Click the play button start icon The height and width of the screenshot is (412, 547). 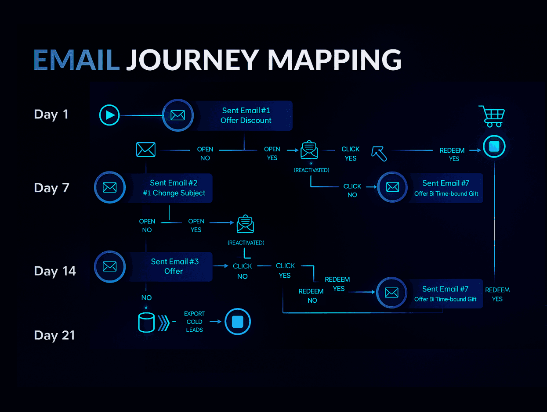(x=109, y=115)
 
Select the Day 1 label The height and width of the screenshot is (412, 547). (x=51, y=115)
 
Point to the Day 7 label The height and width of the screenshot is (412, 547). (x=51, y=188)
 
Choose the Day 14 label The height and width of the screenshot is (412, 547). (x=55, y=271)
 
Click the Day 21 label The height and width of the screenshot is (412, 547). (x=54, y=335)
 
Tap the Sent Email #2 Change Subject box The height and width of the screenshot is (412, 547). (x=174, y=188)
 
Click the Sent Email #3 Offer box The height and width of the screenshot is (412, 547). (x=174, y=266)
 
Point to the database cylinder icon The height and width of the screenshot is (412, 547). (x=146, y=322)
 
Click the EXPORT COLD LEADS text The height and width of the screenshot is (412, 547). (x=194, y=322)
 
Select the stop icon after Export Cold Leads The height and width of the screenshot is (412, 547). (x=237, y=322)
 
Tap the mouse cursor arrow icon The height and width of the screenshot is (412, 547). (x=379, y=154)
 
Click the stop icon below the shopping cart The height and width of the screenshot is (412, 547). (x=494, y=147)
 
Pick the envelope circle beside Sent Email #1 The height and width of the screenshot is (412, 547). (x=178, y=115)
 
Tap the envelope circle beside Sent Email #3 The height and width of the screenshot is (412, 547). (x=109, y=266)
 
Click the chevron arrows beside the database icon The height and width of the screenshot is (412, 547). (x=164, y=322)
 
